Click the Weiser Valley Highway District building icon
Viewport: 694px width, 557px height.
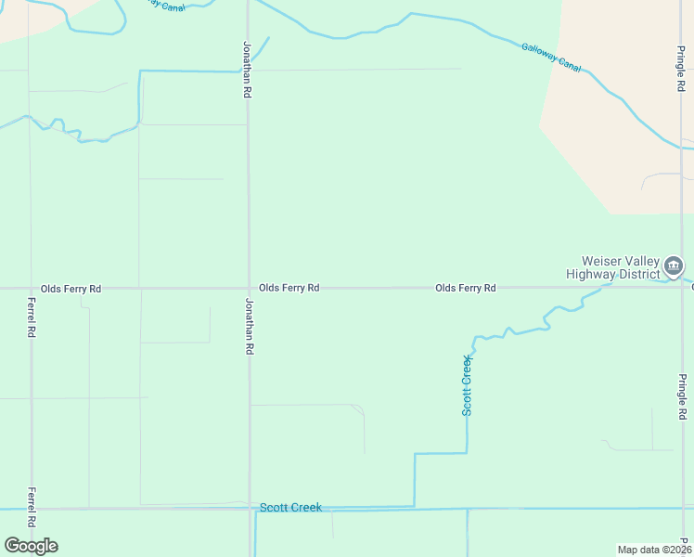(675, 267)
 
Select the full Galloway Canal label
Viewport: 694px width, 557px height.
(551, 58)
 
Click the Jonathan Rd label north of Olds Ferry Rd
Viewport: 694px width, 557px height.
(248, 71)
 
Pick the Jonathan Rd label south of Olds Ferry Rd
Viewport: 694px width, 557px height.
(249, 326)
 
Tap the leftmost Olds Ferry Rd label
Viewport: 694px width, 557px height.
(71, 290)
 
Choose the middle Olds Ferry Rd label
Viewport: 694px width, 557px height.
(289, 289)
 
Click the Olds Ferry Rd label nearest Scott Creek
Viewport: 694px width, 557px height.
(465, 289)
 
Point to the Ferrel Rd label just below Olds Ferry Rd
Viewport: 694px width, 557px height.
(32, 317)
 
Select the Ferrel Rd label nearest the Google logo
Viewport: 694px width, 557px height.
(32, 507)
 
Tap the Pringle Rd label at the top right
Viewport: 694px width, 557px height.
(681, 66)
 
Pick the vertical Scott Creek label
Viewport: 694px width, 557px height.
(468, 384)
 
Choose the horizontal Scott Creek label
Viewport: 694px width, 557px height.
(290, 508)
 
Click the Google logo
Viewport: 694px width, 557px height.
(31, 546)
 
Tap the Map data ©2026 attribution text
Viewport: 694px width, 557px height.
(654, 550)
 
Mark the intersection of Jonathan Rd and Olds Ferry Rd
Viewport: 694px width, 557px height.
(249, 289)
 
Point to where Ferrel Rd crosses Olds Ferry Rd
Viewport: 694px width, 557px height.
(31, 289)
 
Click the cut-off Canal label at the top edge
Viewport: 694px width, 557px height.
(164, 5)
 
